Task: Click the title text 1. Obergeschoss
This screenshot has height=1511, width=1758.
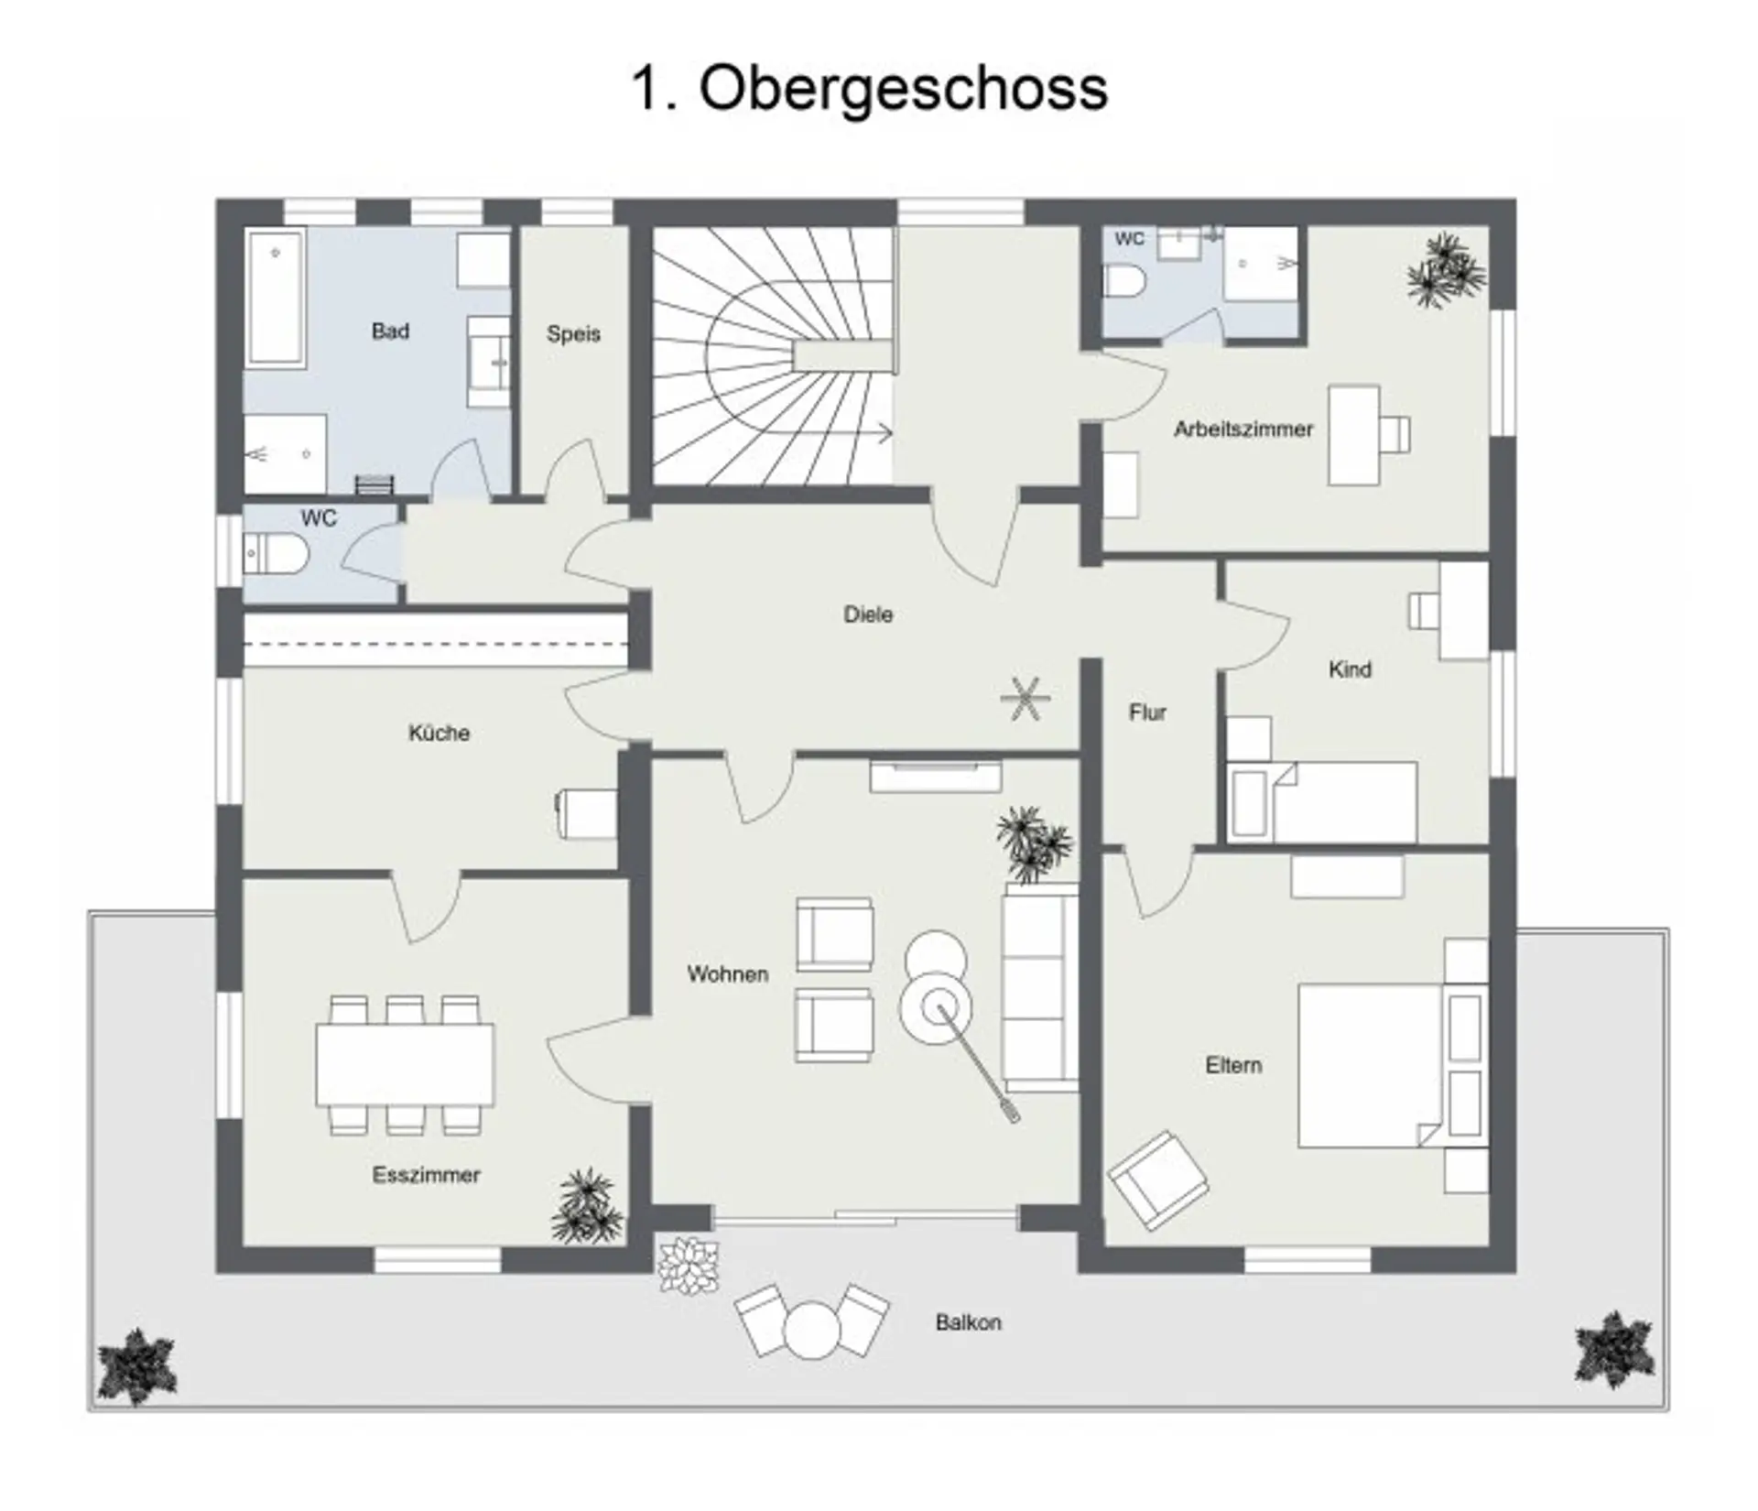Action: click(x=870, y=89)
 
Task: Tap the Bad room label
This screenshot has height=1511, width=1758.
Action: click(x=390, y=332)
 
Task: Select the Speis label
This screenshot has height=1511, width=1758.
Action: click(x=573, y=334)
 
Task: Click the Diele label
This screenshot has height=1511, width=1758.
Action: click(x=868, y=614)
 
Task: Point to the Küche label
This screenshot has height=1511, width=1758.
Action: click(x=439, y=733)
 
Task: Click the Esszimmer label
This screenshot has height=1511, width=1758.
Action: click(x=426, y=1175)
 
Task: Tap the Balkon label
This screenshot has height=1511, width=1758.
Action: click(x=969, y=1322)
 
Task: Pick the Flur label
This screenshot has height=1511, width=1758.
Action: click(x=1147, y=712)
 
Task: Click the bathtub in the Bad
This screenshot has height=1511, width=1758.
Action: click(x=275, y=298)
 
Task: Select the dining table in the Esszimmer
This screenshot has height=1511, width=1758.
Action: click(x=405, y=1064)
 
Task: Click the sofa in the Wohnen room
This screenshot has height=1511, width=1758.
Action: click(x=1040, y=987)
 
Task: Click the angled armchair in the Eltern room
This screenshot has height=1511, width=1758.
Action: click(x=1158, y=1179)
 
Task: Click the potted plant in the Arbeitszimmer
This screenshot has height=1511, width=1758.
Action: click(x=1446, y=271)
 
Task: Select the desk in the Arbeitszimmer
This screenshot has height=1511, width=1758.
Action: click(x=1354, y=435)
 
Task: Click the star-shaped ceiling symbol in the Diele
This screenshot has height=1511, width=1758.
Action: click(x=1025, y=699)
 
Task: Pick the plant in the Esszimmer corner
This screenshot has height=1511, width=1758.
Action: click(x=588, y=1205)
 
